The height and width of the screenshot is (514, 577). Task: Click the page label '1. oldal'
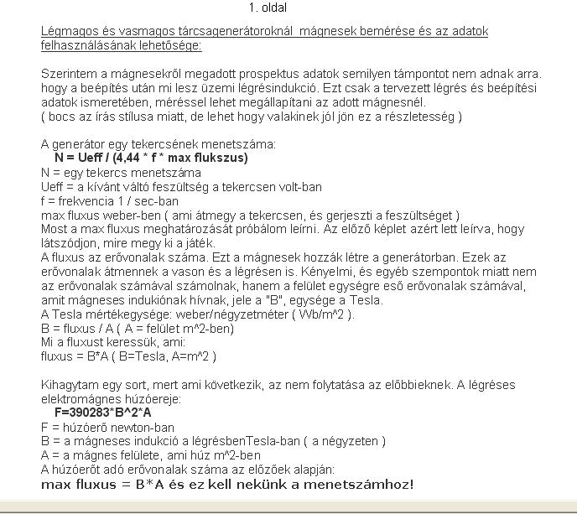point(268,8)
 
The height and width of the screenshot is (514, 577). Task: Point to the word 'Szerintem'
point(68,74)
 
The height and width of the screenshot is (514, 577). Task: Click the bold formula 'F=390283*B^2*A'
point(103,413)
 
